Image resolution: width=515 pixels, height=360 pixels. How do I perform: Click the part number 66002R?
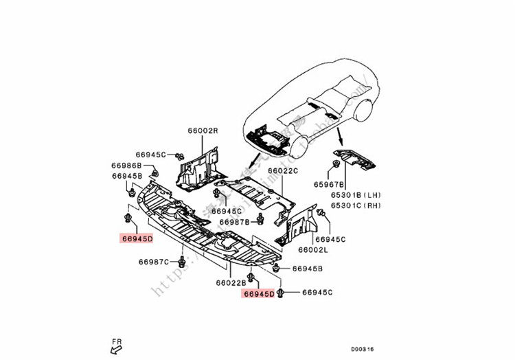pyautogui.click(x=203, y=130)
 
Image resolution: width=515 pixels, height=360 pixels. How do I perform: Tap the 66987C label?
pyautogui.click(x=153, y=262)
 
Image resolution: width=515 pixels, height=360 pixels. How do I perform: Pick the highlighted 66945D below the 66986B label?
pyautogui.click(x=137, y=238)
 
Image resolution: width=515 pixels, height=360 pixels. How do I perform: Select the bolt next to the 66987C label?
pyautogui.click(x=181, y=262)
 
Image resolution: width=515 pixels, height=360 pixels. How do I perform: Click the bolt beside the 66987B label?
pyautogui.click(x=261, y=221)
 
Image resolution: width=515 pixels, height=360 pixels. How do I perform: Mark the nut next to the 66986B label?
pyautogui.click(x=155, y=172)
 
